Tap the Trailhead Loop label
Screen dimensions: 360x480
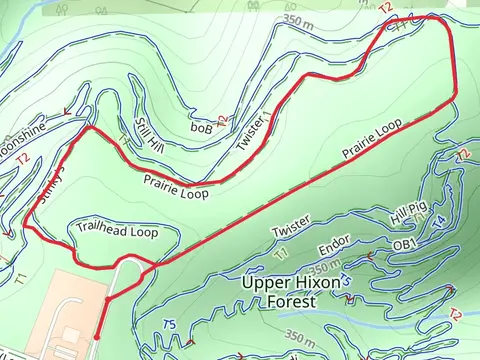117,231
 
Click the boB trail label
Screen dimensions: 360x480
200,127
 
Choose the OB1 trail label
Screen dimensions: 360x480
404,244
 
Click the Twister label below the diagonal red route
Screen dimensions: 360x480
291,227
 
